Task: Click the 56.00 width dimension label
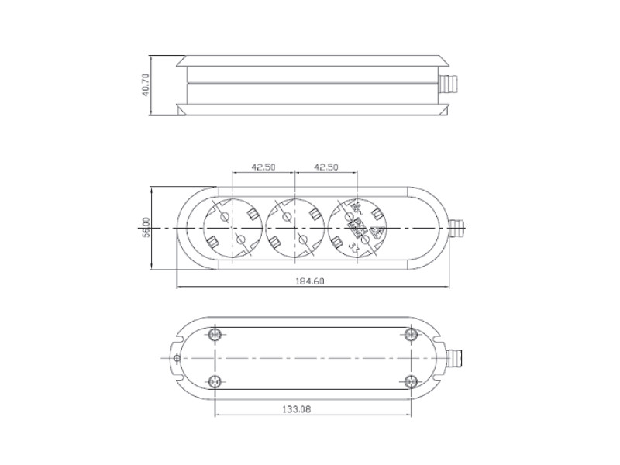[146, 229]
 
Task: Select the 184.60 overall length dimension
[310, 281]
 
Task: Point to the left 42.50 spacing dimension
[263, 167]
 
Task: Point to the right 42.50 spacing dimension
[326, 167]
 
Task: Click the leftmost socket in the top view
[232, 228]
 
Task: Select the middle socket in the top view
[295, 228]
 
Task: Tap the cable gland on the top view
[456, 229]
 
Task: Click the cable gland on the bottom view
[455, 358]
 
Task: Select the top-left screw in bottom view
[215, 334]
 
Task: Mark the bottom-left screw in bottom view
[215, 381]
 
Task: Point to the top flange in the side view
[310, 60]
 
